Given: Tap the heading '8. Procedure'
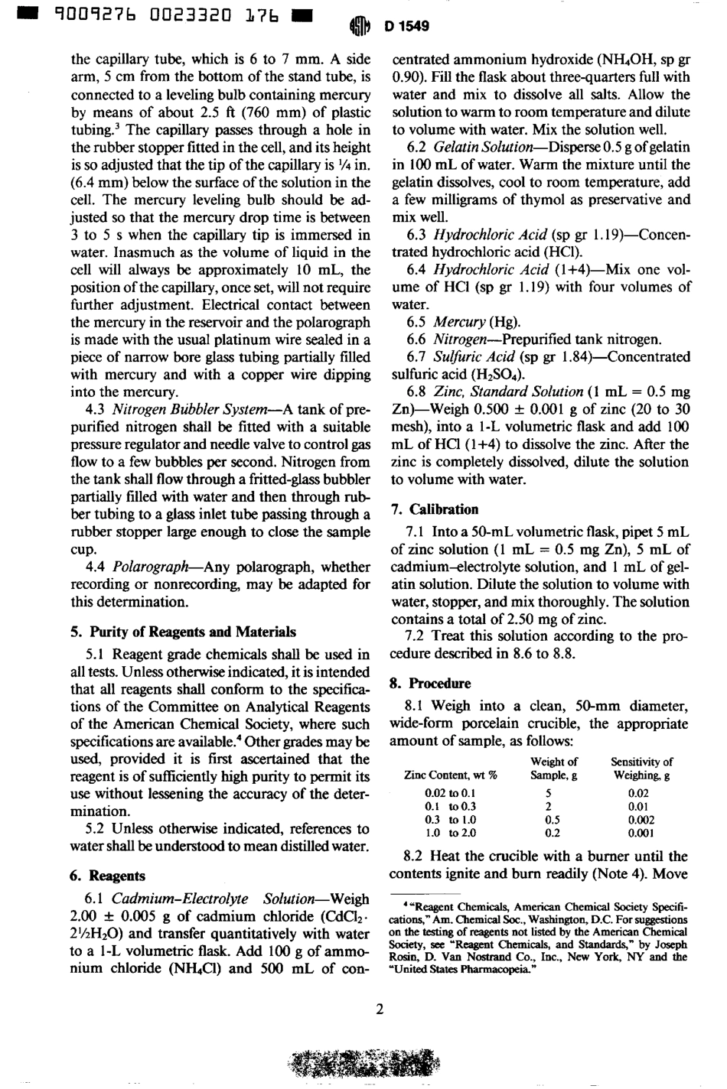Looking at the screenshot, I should (x=430, y=683).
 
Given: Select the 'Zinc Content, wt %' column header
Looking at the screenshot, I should (x=449, y=775).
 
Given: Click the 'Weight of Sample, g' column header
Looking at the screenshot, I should (x=553, y=768).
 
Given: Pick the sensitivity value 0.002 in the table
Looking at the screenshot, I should (x=641, y=819).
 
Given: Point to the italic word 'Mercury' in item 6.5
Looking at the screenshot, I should (x=459, y=321).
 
